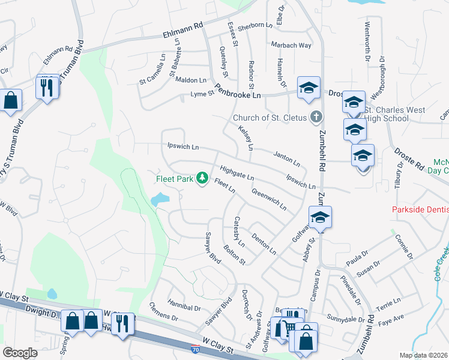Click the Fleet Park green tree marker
[x=203, y=178]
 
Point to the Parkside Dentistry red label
[x=420, y=210]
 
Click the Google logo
[x=20, y=353]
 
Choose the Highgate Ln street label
[x=237, y=174]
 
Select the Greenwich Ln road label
[x=269, y=199]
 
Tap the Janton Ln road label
[x=286, y=159]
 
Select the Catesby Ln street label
[x=239, y=232]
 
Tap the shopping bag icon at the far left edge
[x=11, y=100]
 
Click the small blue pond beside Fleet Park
[x=160, y=199]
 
